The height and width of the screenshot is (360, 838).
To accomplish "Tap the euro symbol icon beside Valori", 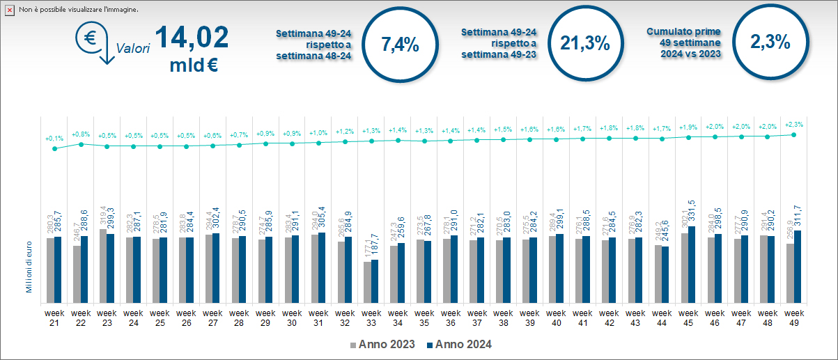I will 91,38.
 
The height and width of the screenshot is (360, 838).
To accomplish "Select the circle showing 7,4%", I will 400,43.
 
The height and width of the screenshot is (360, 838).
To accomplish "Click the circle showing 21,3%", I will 585,43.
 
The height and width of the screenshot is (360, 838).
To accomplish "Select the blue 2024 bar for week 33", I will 375,281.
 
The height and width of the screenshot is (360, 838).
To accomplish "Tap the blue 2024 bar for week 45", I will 692,265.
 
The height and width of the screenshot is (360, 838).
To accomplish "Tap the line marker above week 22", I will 81,144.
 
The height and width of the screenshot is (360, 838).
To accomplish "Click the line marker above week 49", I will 794,134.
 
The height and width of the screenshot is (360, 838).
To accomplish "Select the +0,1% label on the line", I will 54,138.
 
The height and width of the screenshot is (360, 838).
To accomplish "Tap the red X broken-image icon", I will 10,10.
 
